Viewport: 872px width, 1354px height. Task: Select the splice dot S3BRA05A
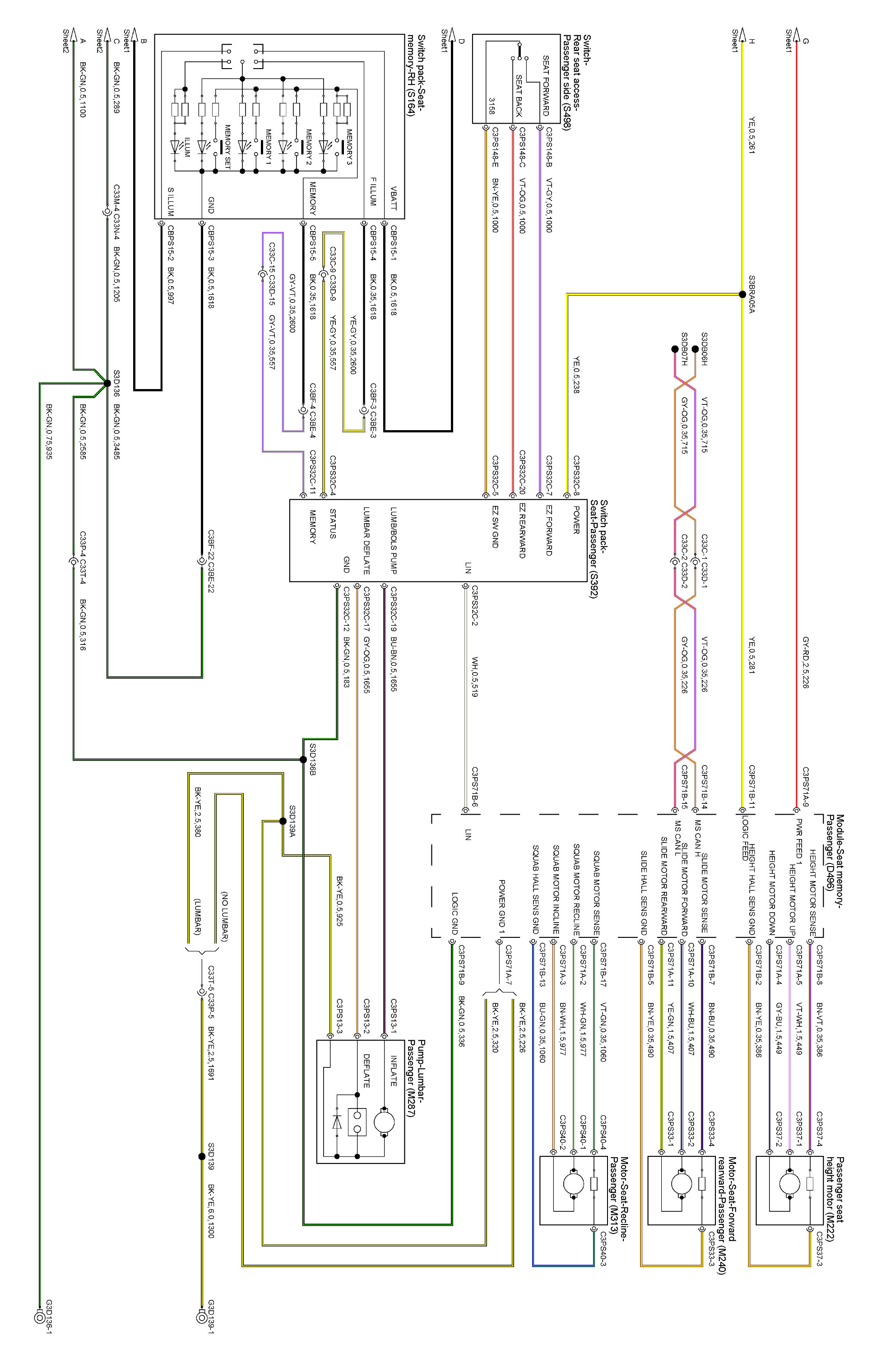pyautogui.click(x=742, y=294)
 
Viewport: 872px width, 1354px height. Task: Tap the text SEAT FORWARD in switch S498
pyautogui.click(x=546, y=85)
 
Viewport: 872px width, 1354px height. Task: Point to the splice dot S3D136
pyautogui.click(x=107, y=383)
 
